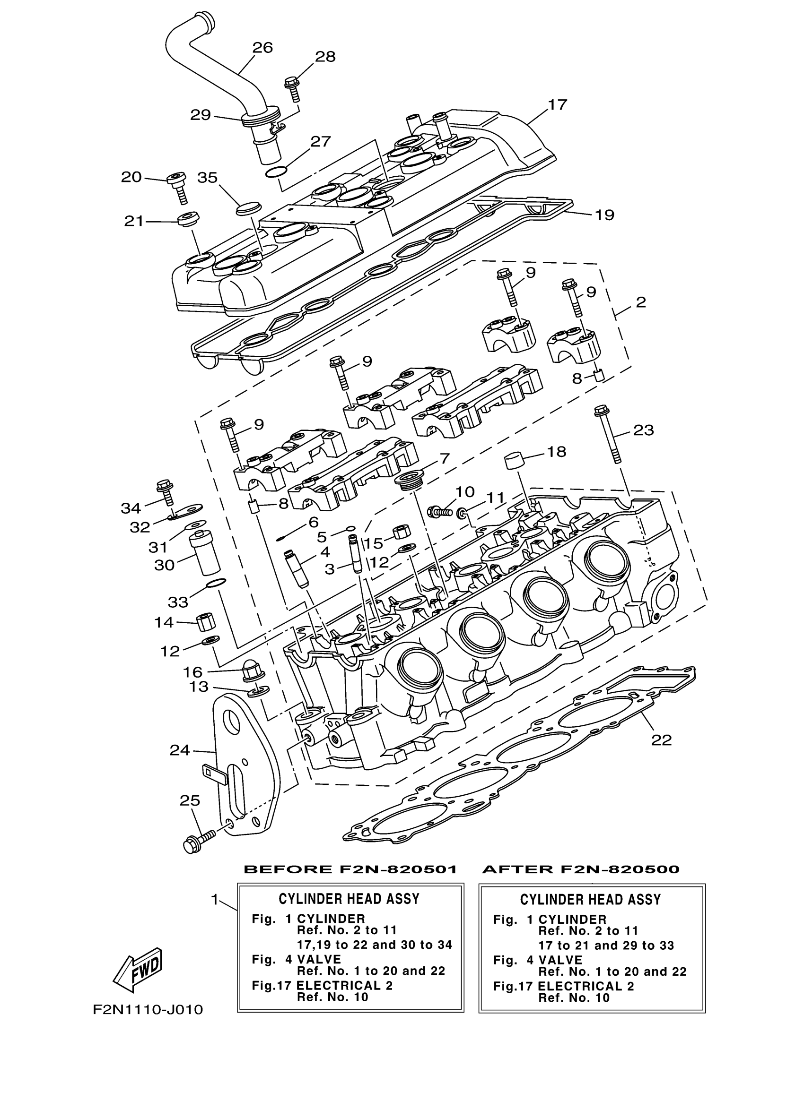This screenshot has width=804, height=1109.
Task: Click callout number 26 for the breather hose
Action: coord(262,48)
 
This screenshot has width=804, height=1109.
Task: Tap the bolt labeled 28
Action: coord(293,87)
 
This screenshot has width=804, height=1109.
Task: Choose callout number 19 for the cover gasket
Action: coord(604,215)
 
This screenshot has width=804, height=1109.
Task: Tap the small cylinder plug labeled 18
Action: coord(513,461)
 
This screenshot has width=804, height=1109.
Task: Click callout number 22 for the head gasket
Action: coord(661,740)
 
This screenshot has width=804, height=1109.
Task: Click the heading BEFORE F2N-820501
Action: coord(350,869)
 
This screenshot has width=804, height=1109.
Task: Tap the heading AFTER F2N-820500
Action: coord(581,869)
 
